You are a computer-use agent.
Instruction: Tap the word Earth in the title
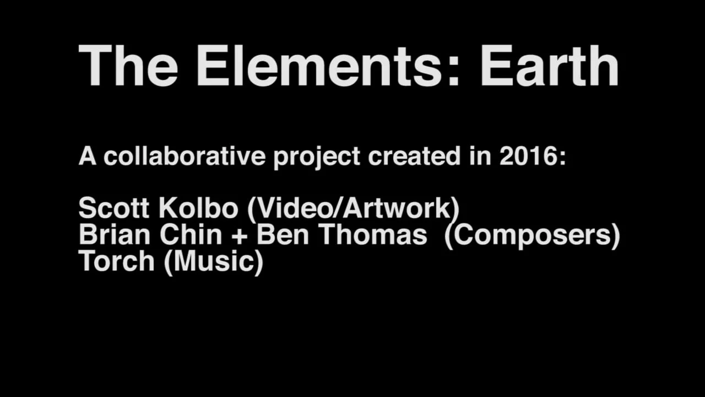(x=550, y=66)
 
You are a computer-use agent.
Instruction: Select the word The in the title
(x=128, y=66)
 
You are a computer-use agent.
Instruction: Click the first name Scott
(x=114, y=208)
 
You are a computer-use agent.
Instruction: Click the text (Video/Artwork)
(x=353, y=208)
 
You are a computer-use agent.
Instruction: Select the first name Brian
(x=114, y=235)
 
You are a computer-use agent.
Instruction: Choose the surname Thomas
(x=373, y=235)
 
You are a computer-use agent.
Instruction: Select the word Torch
(x=117, y=261)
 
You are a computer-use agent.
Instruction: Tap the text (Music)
(x=214, y=261)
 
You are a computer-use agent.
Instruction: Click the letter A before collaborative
(x=88, y=157)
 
